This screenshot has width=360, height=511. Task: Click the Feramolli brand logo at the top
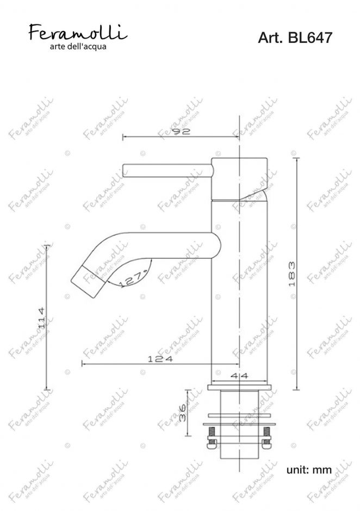click(x=78, y=32)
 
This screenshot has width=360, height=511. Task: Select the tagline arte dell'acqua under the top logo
click(x=78, y=47)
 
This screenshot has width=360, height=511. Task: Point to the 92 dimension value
click(x=181, y=132)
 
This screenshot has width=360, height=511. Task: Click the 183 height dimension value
click(x=292, y=274)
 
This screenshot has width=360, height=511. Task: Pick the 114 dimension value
click(x=41, y=317)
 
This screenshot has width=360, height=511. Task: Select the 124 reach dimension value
click(x=160, y=359)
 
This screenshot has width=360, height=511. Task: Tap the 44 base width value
click(x=239, y=376)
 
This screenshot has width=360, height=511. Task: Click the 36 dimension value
click(x=182, y=413)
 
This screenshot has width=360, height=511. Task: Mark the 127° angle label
click(x=134, y=279)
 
